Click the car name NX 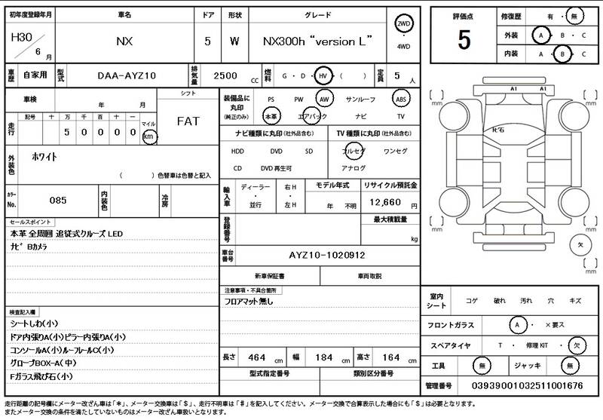(x=124, y=41)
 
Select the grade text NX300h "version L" (x=317, y=41)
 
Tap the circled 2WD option (x=404, y=25)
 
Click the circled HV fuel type (x=323, y=76)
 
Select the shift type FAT (x=188, y=121)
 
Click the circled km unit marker (x=149, y=136)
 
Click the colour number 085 (x=58, y=201)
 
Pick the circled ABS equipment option (x=401, y=99)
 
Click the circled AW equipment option (x=324, y=99)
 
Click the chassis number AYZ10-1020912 (x=327, y=256)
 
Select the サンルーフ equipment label (x=360, y=99)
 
